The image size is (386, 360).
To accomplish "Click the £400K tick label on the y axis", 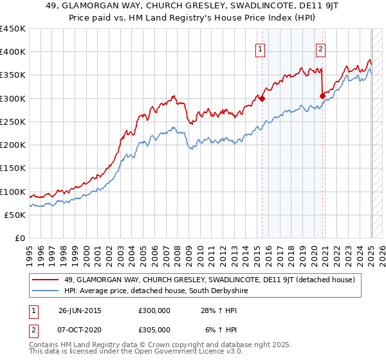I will click(13, 52).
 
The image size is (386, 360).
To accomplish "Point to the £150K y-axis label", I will click(13, 168).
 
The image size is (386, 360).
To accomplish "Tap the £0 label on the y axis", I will click(19, 239).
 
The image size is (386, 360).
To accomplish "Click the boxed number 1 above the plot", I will click(260, 48).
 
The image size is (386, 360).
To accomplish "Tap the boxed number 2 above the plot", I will click(320, 48).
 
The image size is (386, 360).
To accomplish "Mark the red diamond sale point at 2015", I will click(262, 99).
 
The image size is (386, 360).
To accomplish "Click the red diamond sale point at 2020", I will click(322, 96).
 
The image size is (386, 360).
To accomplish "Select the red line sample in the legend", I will click(47, 280).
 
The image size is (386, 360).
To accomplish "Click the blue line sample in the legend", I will click(47, 291).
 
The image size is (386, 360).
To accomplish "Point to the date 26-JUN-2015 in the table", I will click(80, 310).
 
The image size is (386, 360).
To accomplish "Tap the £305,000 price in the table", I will click(154, 329).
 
